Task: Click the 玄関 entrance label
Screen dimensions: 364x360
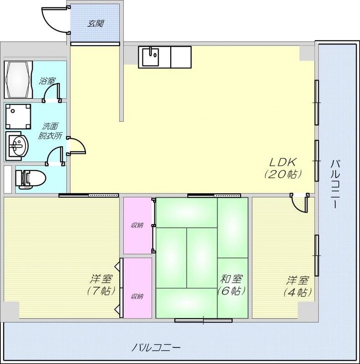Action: click(x=95, y=22)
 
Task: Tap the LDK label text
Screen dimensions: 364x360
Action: click(x=283, y=162)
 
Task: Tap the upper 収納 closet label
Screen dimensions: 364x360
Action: click(x=137, y=225)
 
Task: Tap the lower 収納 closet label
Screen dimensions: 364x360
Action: click(x=137, y=296)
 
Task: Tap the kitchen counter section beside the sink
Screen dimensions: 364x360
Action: click(x=181, y=57)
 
